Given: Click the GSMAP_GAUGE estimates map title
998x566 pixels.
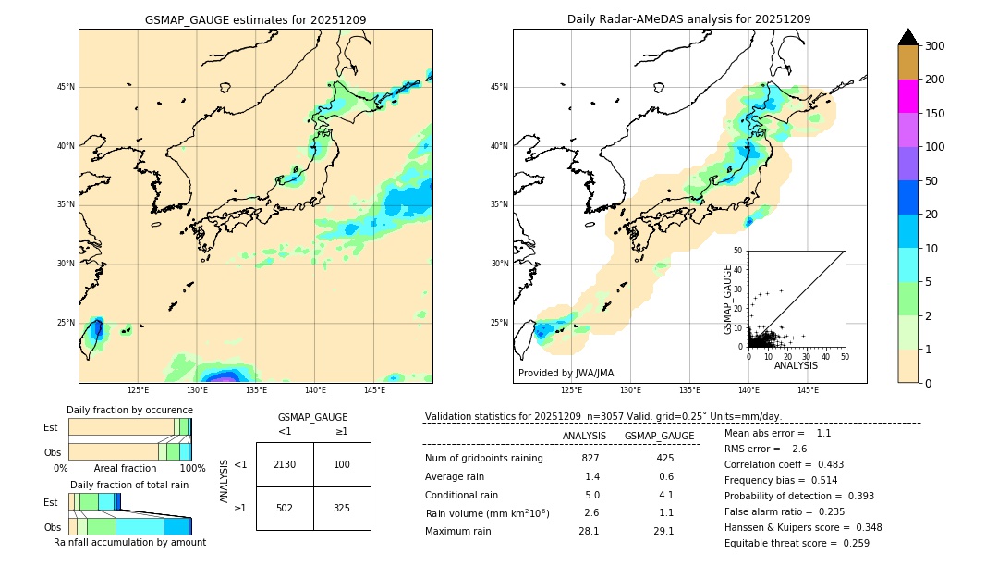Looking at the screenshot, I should pyautogui.click(x=255, y=19).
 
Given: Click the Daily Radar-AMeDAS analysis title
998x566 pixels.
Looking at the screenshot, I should pyautogui.click(x=688, y=19).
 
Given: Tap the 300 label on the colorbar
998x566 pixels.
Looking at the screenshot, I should pyautogui.click(x=935, y=45).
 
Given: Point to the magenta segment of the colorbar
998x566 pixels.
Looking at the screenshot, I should pyautogui.click(x=908, y=96).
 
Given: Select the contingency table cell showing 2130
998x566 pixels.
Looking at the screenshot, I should pyautogui.click(x=285, y=464).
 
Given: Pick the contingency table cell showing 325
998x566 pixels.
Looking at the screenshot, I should pyautogui.click(x=342, y=508).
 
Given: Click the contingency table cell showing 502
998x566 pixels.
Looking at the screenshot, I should pyautogui.click(x=285, y=508).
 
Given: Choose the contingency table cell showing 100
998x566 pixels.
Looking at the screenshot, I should pyautogui.click(x=342, y=464).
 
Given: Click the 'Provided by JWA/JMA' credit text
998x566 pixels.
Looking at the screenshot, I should pyautogui.click(x=566, y=373).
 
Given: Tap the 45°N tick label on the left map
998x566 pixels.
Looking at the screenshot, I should pyautogui.click(x=66, y=87).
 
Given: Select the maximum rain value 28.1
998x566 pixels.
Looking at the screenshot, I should pyautogui.click(x=589, y=531).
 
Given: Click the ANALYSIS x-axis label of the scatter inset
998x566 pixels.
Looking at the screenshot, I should pyautogui.click(x=796, y=365).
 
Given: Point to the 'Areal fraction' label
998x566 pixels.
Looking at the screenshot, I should pyautogui.click(x=125, y=468).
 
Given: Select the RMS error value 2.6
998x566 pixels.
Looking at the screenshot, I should pyautogui.click(x=798, y=449).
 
